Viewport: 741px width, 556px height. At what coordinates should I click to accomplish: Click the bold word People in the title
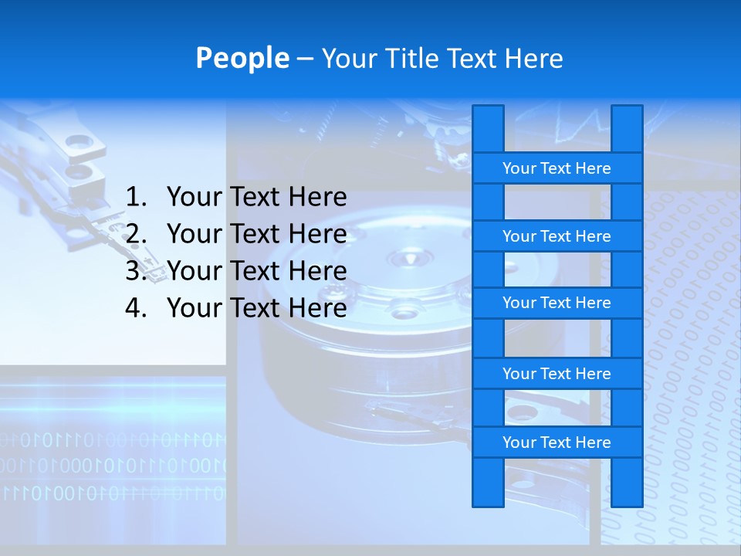[x=242, y=58]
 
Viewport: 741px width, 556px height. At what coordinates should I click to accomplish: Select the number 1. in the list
[x=136, y=198]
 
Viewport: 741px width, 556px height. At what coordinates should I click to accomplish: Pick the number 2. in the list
[x=136, y=234]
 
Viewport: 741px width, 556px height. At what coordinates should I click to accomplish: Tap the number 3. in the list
[x=136, y=271]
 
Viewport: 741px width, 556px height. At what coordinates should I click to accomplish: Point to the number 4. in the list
[x=136, y=308]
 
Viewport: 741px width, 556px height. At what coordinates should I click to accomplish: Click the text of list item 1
[x=256, y=198]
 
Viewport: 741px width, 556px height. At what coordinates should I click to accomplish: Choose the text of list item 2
[x=256, y=234]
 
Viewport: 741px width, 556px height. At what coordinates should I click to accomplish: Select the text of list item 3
[x=256, y=271]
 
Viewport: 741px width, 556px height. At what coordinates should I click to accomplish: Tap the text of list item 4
[x=256, y=308]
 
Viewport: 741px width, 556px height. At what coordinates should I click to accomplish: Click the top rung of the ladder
[x=557, y=168]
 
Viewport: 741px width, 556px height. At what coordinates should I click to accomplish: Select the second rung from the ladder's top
[x=557, y=236]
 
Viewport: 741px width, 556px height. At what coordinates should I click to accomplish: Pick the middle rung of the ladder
[x=557, y=303]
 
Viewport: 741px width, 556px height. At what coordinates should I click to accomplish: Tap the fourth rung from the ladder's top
[x=557, y=374]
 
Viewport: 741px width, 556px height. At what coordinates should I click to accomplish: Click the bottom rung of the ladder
[x=557, y=442]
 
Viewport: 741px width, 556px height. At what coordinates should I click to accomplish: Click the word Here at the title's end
[x=533, y=59]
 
